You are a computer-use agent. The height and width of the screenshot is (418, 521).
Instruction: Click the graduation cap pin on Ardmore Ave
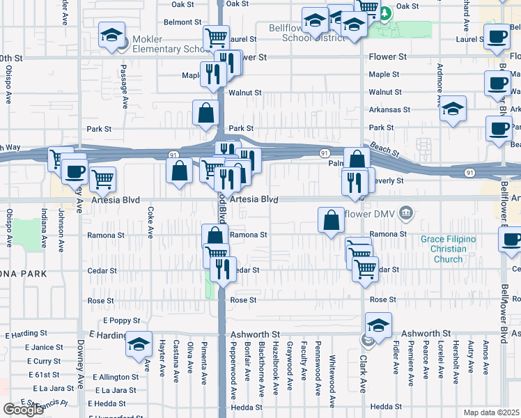point(453,109)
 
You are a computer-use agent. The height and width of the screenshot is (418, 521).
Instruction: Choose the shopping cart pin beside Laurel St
point(217,38)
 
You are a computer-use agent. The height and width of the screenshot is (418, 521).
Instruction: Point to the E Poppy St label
point(122,321)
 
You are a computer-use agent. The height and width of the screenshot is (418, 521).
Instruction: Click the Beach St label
point(385,148)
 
